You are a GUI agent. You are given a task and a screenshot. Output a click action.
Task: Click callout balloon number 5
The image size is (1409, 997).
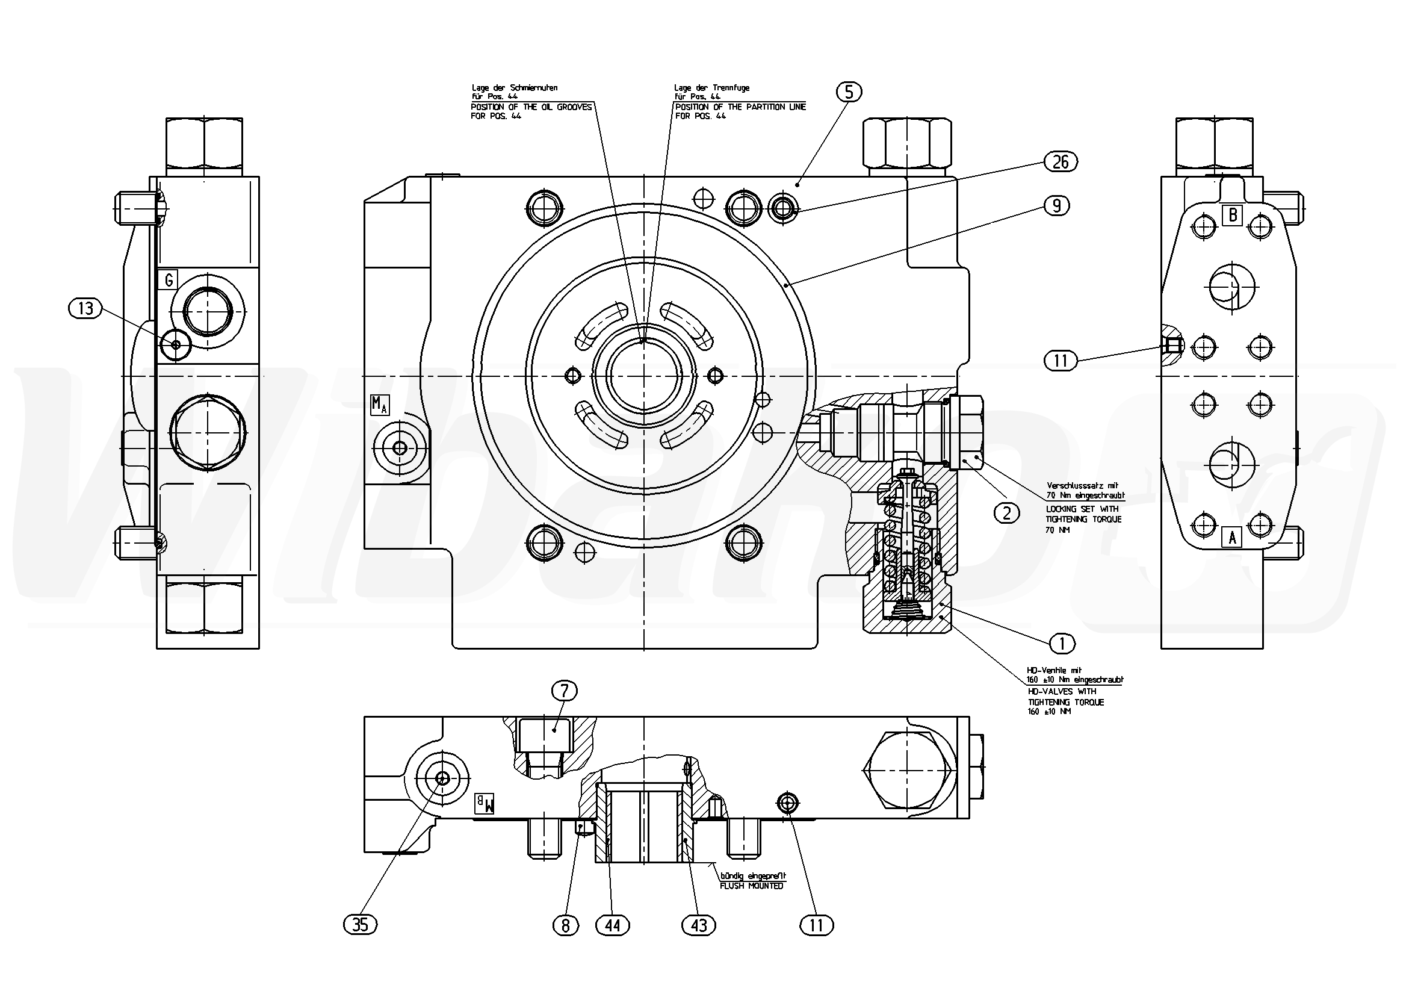click(849, 92)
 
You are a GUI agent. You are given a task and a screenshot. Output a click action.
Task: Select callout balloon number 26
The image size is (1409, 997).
click(1061, 162)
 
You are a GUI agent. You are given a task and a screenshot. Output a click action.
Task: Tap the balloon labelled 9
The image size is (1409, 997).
click(1056, 206)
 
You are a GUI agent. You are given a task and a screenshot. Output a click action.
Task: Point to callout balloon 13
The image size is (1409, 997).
click(85, 308)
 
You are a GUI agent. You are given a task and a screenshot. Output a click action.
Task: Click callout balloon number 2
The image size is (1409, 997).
click(1006, 512)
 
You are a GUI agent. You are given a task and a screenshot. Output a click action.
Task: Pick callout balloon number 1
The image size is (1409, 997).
click(1062, 644)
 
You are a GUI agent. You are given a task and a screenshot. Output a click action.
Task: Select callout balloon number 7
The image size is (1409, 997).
click(565, 691)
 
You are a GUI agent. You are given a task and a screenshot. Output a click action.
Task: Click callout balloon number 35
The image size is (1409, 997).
click(361, 925)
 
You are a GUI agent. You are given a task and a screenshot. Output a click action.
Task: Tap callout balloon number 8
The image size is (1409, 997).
click(566, 925)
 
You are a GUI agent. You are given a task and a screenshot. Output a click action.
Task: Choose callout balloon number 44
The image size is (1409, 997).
click(613, 925)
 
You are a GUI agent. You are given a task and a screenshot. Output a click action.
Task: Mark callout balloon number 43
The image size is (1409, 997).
click(699, 925)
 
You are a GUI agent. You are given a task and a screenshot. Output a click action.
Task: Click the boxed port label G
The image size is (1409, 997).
click(168, 280)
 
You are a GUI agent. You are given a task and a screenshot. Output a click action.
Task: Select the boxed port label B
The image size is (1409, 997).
click(1232, 215)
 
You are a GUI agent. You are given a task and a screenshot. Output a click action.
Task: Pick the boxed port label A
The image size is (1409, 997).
click(1231, 537)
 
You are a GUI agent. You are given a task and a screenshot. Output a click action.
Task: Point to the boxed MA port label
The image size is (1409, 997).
click(379, 405)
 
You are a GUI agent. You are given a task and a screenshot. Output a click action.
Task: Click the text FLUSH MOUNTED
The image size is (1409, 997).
click(751, 886)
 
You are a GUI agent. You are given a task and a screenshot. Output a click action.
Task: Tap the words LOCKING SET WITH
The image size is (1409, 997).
click(1082, 509)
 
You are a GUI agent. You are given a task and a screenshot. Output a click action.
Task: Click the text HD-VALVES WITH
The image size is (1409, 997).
click(1062, 691)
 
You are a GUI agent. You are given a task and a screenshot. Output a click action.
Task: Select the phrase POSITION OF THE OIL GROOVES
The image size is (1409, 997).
click(531, 107)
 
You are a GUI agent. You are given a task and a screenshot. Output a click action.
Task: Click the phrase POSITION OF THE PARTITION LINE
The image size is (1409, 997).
click(740, 107)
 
